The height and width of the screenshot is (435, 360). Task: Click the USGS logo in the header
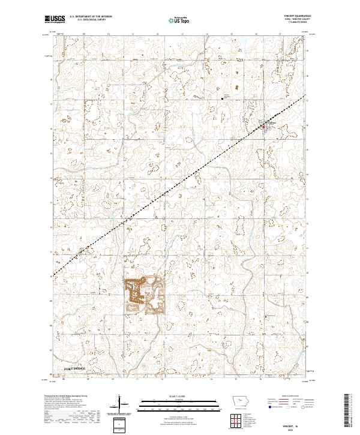55,20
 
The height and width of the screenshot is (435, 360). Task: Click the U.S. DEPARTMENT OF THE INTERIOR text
90,17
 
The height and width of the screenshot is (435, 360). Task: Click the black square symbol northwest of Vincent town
225,97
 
